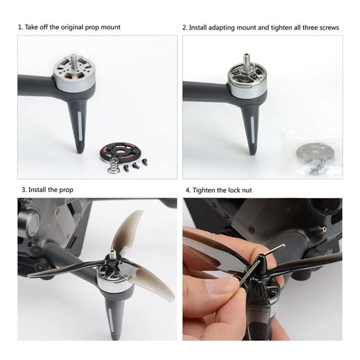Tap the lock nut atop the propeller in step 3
tap(110, 258)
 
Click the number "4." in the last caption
tap(188, 190)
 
